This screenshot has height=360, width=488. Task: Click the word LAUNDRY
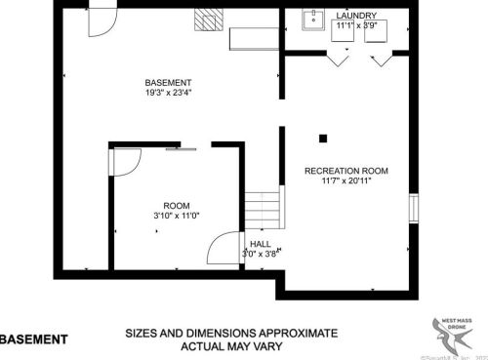[355, 17]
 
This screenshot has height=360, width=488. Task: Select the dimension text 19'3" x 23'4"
[168, 95]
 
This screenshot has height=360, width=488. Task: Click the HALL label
[261, 244]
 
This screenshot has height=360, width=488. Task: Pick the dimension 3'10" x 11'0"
[176, 216]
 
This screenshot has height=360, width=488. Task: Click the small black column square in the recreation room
[321, 137]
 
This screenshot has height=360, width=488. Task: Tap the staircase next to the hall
[262, 211]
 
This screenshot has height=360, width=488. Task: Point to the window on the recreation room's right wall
[414, 209]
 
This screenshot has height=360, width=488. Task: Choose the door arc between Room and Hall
[227, 249]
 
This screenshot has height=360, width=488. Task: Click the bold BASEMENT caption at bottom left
[34, 340]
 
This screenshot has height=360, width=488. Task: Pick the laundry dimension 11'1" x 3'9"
[356, 26]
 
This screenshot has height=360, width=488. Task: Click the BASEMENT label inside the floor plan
[168, 83]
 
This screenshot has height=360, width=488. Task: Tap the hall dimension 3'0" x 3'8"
[261, 254]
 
